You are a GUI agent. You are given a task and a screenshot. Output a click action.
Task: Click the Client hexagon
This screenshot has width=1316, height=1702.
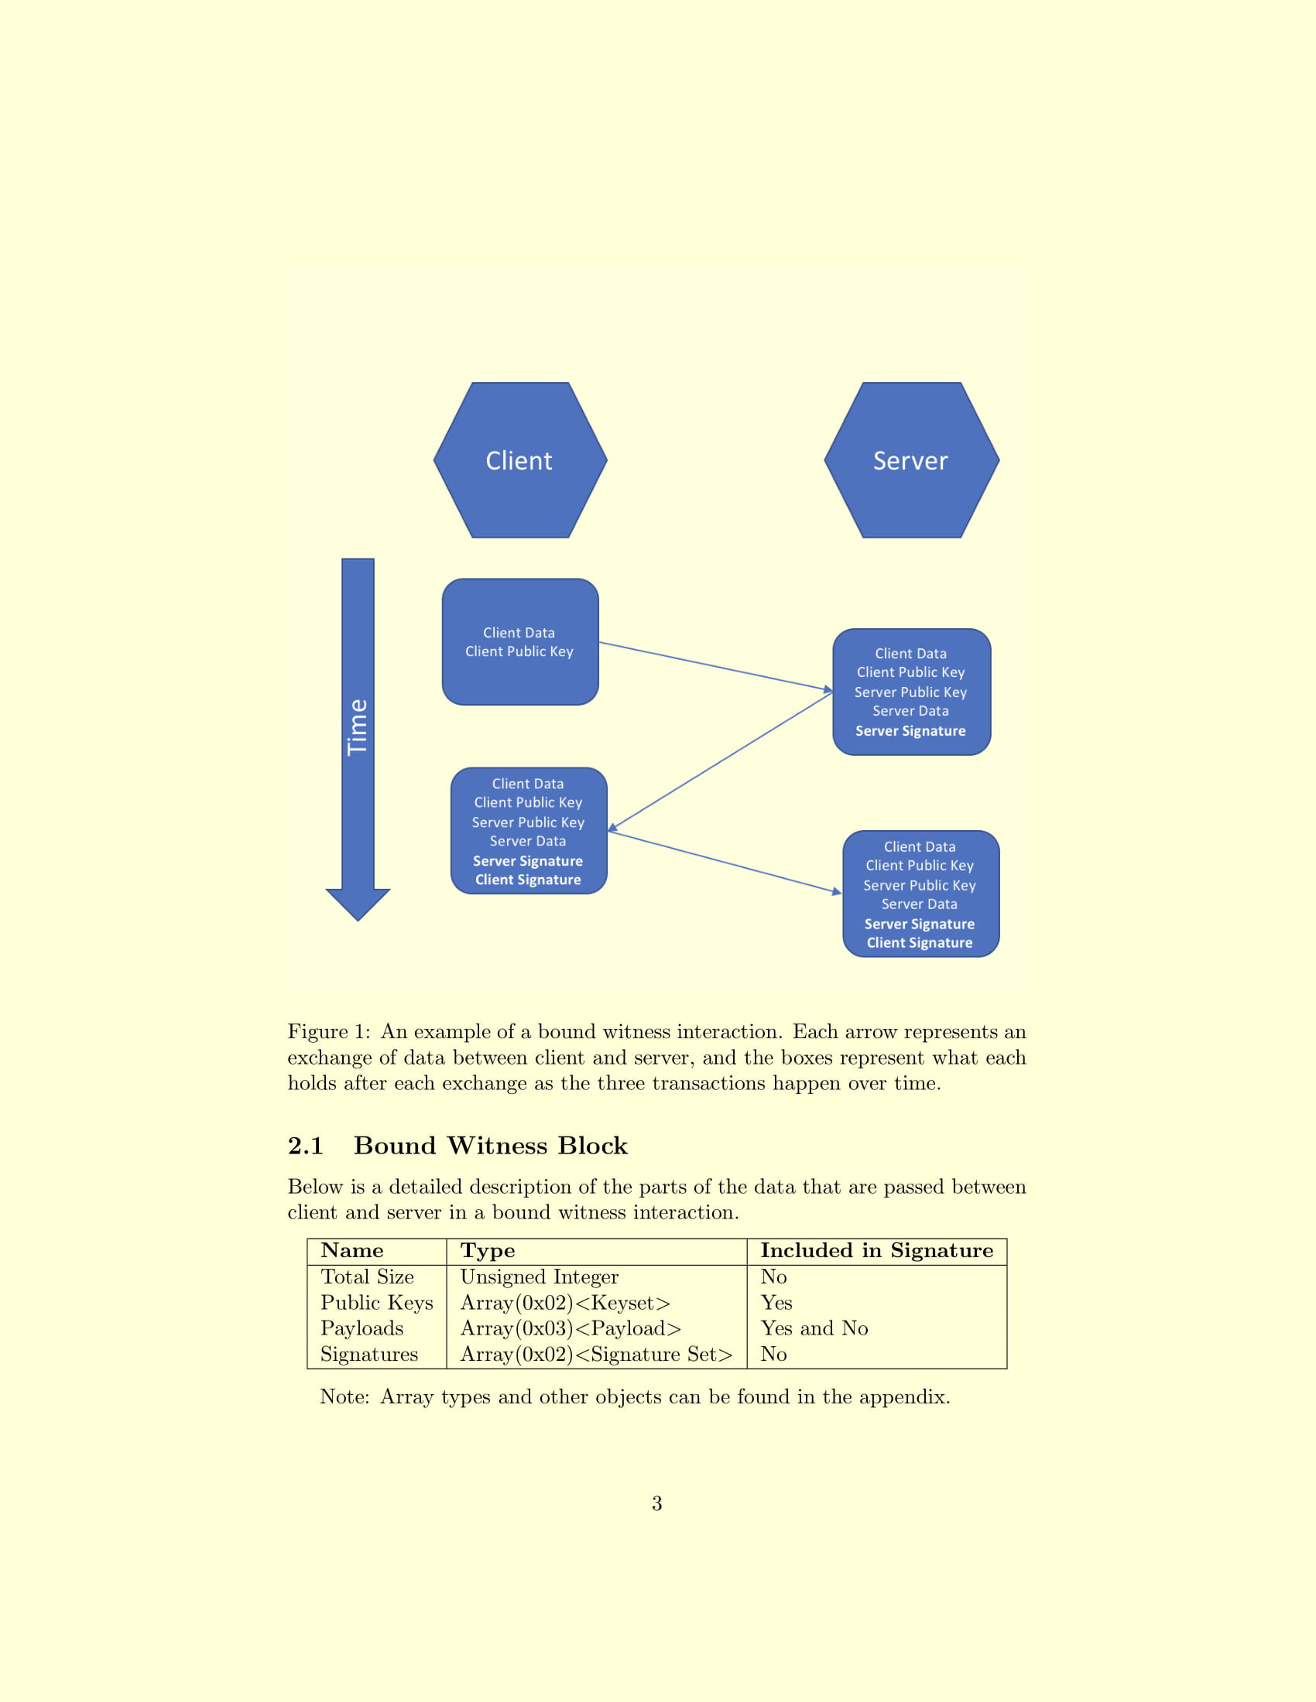520,460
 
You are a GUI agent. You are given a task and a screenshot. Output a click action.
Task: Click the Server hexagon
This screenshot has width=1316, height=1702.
911,460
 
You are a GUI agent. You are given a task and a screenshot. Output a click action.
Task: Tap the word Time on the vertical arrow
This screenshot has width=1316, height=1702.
357,726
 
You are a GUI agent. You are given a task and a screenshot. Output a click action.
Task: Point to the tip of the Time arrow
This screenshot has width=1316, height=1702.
358,921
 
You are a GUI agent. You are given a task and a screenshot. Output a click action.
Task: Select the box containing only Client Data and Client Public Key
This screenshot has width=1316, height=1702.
520,641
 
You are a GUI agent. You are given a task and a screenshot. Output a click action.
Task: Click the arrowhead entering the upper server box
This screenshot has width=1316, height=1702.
829,689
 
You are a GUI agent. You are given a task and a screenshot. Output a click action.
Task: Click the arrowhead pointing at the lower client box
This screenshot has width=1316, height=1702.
613,827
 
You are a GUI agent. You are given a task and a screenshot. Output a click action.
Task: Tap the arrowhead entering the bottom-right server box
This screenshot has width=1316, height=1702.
838,891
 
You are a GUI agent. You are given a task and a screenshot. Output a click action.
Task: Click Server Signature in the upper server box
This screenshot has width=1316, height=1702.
910,731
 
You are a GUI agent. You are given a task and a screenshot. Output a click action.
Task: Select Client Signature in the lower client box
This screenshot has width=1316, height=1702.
529,880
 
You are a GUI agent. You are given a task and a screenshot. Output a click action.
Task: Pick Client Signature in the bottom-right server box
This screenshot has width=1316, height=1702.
920,943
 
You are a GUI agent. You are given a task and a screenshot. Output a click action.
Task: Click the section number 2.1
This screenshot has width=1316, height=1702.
306,1146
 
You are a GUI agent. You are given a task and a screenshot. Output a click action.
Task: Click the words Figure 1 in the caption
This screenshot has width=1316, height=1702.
329,1032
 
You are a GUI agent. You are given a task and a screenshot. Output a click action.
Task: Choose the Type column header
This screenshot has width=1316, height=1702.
487,1251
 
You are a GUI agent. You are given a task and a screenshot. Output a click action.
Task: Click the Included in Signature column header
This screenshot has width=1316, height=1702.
877,1251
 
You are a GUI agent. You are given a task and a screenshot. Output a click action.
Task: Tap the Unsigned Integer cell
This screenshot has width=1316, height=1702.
540,1276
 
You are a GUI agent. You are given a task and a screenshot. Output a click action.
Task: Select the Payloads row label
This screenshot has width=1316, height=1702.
362,1328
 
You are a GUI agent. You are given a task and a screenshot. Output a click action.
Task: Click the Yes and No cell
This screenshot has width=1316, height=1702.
814,1328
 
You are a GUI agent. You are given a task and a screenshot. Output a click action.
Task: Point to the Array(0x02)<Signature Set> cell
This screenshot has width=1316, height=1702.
596,1355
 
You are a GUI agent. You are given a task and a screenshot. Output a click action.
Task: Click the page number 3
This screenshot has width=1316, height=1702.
657,1503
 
